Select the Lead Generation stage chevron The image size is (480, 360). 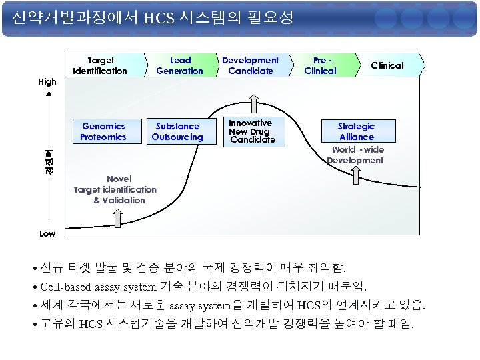pyautogui.click(x=179, y=65)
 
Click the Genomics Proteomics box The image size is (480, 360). pyautogui.click(x=103, y=131)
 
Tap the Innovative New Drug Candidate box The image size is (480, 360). pyautogui.click(x=251, y=131)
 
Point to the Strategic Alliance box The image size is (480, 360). pyautogui.click(x=356, y=131)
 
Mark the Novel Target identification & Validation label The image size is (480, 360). pyautogui.click(x=115, y=189)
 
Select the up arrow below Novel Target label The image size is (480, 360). pyautogui.click(x=117, y=218)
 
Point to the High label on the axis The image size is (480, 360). pyautogui.click(x=47, y=82)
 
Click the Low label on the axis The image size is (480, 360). pyautogui.click(x=47, y=233)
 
